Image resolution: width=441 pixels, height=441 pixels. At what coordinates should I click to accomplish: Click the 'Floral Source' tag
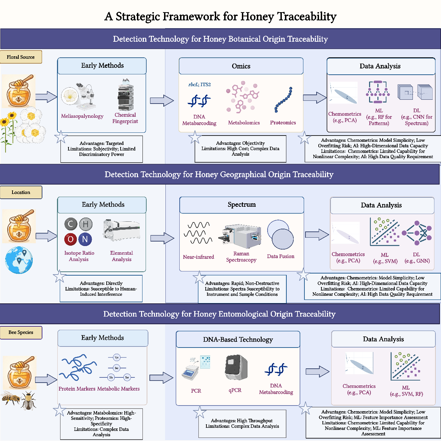pos(21,57)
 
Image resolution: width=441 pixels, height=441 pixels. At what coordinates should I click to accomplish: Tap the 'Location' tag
pos(21,192)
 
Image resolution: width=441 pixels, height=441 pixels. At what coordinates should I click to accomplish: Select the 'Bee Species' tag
pos(21,332)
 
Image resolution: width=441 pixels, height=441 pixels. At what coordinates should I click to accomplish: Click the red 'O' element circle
pos(71,239)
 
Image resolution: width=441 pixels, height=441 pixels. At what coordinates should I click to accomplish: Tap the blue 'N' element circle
pos(85,239)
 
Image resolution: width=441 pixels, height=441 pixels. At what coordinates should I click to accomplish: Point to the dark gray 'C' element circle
pos(71,224)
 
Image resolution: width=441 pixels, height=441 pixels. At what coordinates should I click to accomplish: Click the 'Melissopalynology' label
pos(82,116)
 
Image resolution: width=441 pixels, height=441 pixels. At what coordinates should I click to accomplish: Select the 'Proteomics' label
pos(283,123)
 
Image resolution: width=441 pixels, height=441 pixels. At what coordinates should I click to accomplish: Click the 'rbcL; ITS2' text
pos(199,84)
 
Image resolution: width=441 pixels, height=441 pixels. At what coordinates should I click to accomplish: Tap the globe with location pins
pos(19,260)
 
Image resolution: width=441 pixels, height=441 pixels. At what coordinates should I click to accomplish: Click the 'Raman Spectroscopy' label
pos(241,257)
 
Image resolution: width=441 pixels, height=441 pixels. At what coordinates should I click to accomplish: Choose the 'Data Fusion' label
pos(280,256)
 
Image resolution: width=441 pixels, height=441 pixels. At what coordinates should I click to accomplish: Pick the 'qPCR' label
pos(235,390)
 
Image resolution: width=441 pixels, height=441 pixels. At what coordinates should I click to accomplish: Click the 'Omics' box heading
pos(241,66)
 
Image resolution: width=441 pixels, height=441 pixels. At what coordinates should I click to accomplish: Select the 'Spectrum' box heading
pos(242,204)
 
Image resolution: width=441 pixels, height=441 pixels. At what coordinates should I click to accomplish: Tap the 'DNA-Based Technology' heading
pos(238,340)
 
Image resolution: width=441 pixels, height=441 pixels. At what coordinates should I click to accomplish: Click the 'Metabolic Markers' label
pos(118,389)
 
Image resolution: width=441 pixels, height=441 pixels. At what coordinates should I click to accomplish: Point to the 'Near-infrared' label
pos(198,257)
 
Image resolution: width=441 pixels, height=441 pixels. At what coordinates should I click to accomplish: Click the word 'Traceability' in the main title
pos(307,16)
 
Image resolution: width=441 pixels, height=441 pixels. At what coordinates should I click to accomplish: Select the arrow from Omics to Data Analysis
pos(315,98)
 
